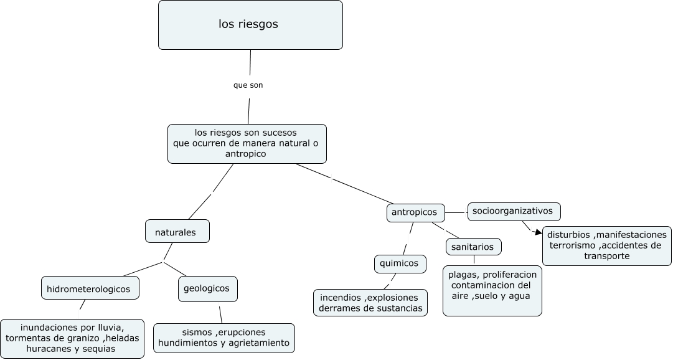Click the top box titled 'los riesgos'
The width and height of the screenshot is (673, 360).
[250, 25]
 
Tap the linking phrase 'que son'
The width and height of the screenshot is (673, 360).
[248, 85]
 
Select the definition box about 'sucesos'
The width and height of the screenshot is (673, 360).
[247, 143]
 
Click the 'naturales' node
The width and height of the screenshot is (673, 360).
[177, 232]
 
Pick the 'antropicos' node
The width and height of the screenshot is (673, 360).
[415, 212]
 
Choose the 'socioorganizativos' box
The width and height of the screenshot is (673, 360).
[514, 211]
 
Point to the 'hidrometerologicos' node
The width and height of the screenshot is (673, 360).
[90, 289]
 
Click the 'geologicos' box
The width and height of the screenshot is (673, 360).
[207, 288]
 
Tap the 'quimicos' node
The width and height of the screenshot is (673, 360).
[400, 263]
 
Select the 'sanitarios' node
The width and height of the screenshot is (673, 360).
[473, 247]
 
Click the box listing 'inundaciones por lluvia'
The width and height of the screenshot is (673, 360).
[72, 338]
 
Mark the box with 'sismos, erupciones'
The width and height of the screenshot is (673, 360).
[224, 338]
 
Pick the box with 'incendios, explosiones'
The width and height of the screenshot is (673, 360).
[370, 303]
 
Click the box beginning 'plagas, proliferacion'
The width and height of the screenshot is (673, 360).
[492, 290]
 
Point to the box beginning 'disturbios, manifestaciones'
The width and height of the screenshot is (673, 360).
[607, 245]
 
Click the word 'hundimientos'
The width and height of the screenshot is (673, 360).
[186, 343]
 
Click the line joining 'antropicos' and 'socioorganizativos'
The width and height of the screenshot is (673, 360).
[456, 212]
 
